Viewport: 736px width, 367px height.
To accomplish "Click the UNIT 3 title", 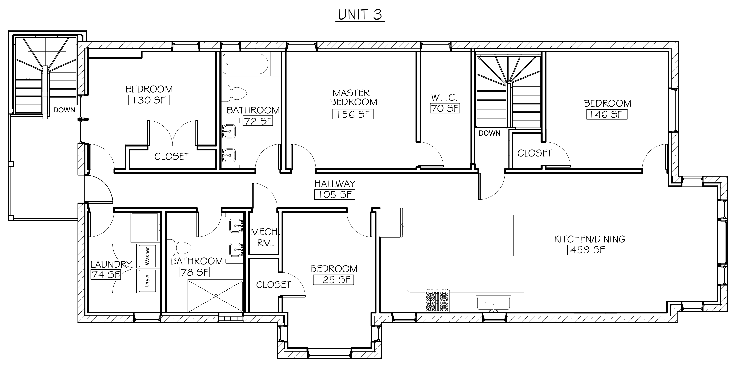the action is point(360,15).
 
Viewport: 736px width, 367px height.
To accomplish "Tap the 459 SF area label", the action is point(588,250).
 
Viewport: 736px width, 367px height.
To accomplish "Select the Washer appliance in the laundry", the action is point(147,256).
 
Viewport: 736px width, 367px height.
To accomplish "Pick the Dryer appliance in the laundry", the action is point(147,280).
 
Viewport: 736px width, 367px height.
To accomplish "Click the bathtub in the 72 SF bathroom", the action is point(246,64).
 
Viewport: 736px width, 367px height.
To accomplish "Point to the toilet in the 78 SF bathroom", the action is point(179,248).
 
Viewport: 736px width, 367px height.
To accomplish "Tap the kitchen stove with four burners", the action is point(437,301).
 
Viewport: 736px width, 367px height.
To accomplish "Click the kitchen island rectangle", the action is point(473,235).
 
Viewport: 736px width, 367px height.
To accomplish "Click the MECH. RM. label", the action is point(265,237).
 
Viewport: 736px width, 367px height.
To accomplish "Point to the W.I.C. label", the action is point(445,98).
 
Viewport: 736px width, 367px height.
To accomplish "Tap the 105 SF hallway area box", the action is point(335,195).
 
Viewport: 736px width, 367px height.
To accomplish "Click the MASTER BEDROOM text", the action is point(353,98).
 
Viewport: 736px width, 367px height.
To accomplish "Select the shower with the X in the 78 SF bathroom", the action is point(216,296).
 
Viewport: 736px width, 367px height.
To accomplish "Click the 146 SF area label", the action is point(607,114).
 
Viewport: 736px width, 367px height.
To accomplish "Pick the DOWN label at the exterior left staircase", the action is point(64,110).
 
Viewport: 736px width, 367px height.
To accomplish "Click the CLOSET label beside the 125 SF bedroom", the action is point(273,285).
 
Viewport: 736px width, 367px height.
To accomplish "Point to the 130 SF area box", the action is point(149,100).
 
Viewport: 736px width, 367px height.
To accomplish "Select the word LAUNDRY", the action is point(112,264).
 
